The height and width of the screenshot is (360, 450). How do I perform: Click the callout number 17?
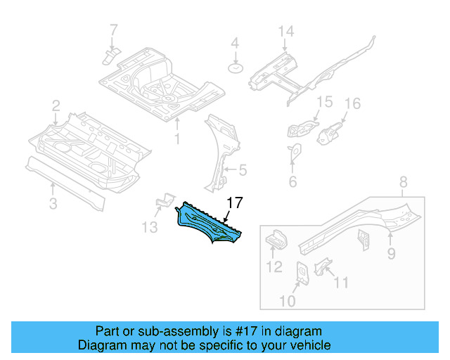235,203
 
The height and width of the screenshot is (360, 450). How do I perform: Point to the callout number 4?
236,44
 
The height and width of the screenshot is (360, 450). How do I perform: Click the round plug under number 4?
236,68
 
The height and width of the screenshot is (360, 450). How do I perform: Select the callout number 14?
285,32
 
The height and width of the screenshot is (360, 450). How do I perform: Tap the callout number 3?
53,205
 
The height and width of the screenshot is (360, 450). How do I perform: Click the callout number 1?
177,139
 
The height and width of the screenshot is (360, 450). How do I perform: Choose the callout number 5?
243,169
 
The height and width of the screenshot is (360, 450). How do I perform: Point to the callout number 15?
323,103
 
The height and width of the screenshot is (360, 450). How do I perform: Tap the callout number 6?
292,182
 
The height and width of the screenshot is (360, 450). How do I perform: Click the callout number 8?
403,184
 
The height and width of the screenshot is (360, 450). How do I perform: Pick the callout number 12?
274,266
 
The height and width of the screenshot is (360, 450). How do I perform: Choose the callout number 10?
288,302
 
